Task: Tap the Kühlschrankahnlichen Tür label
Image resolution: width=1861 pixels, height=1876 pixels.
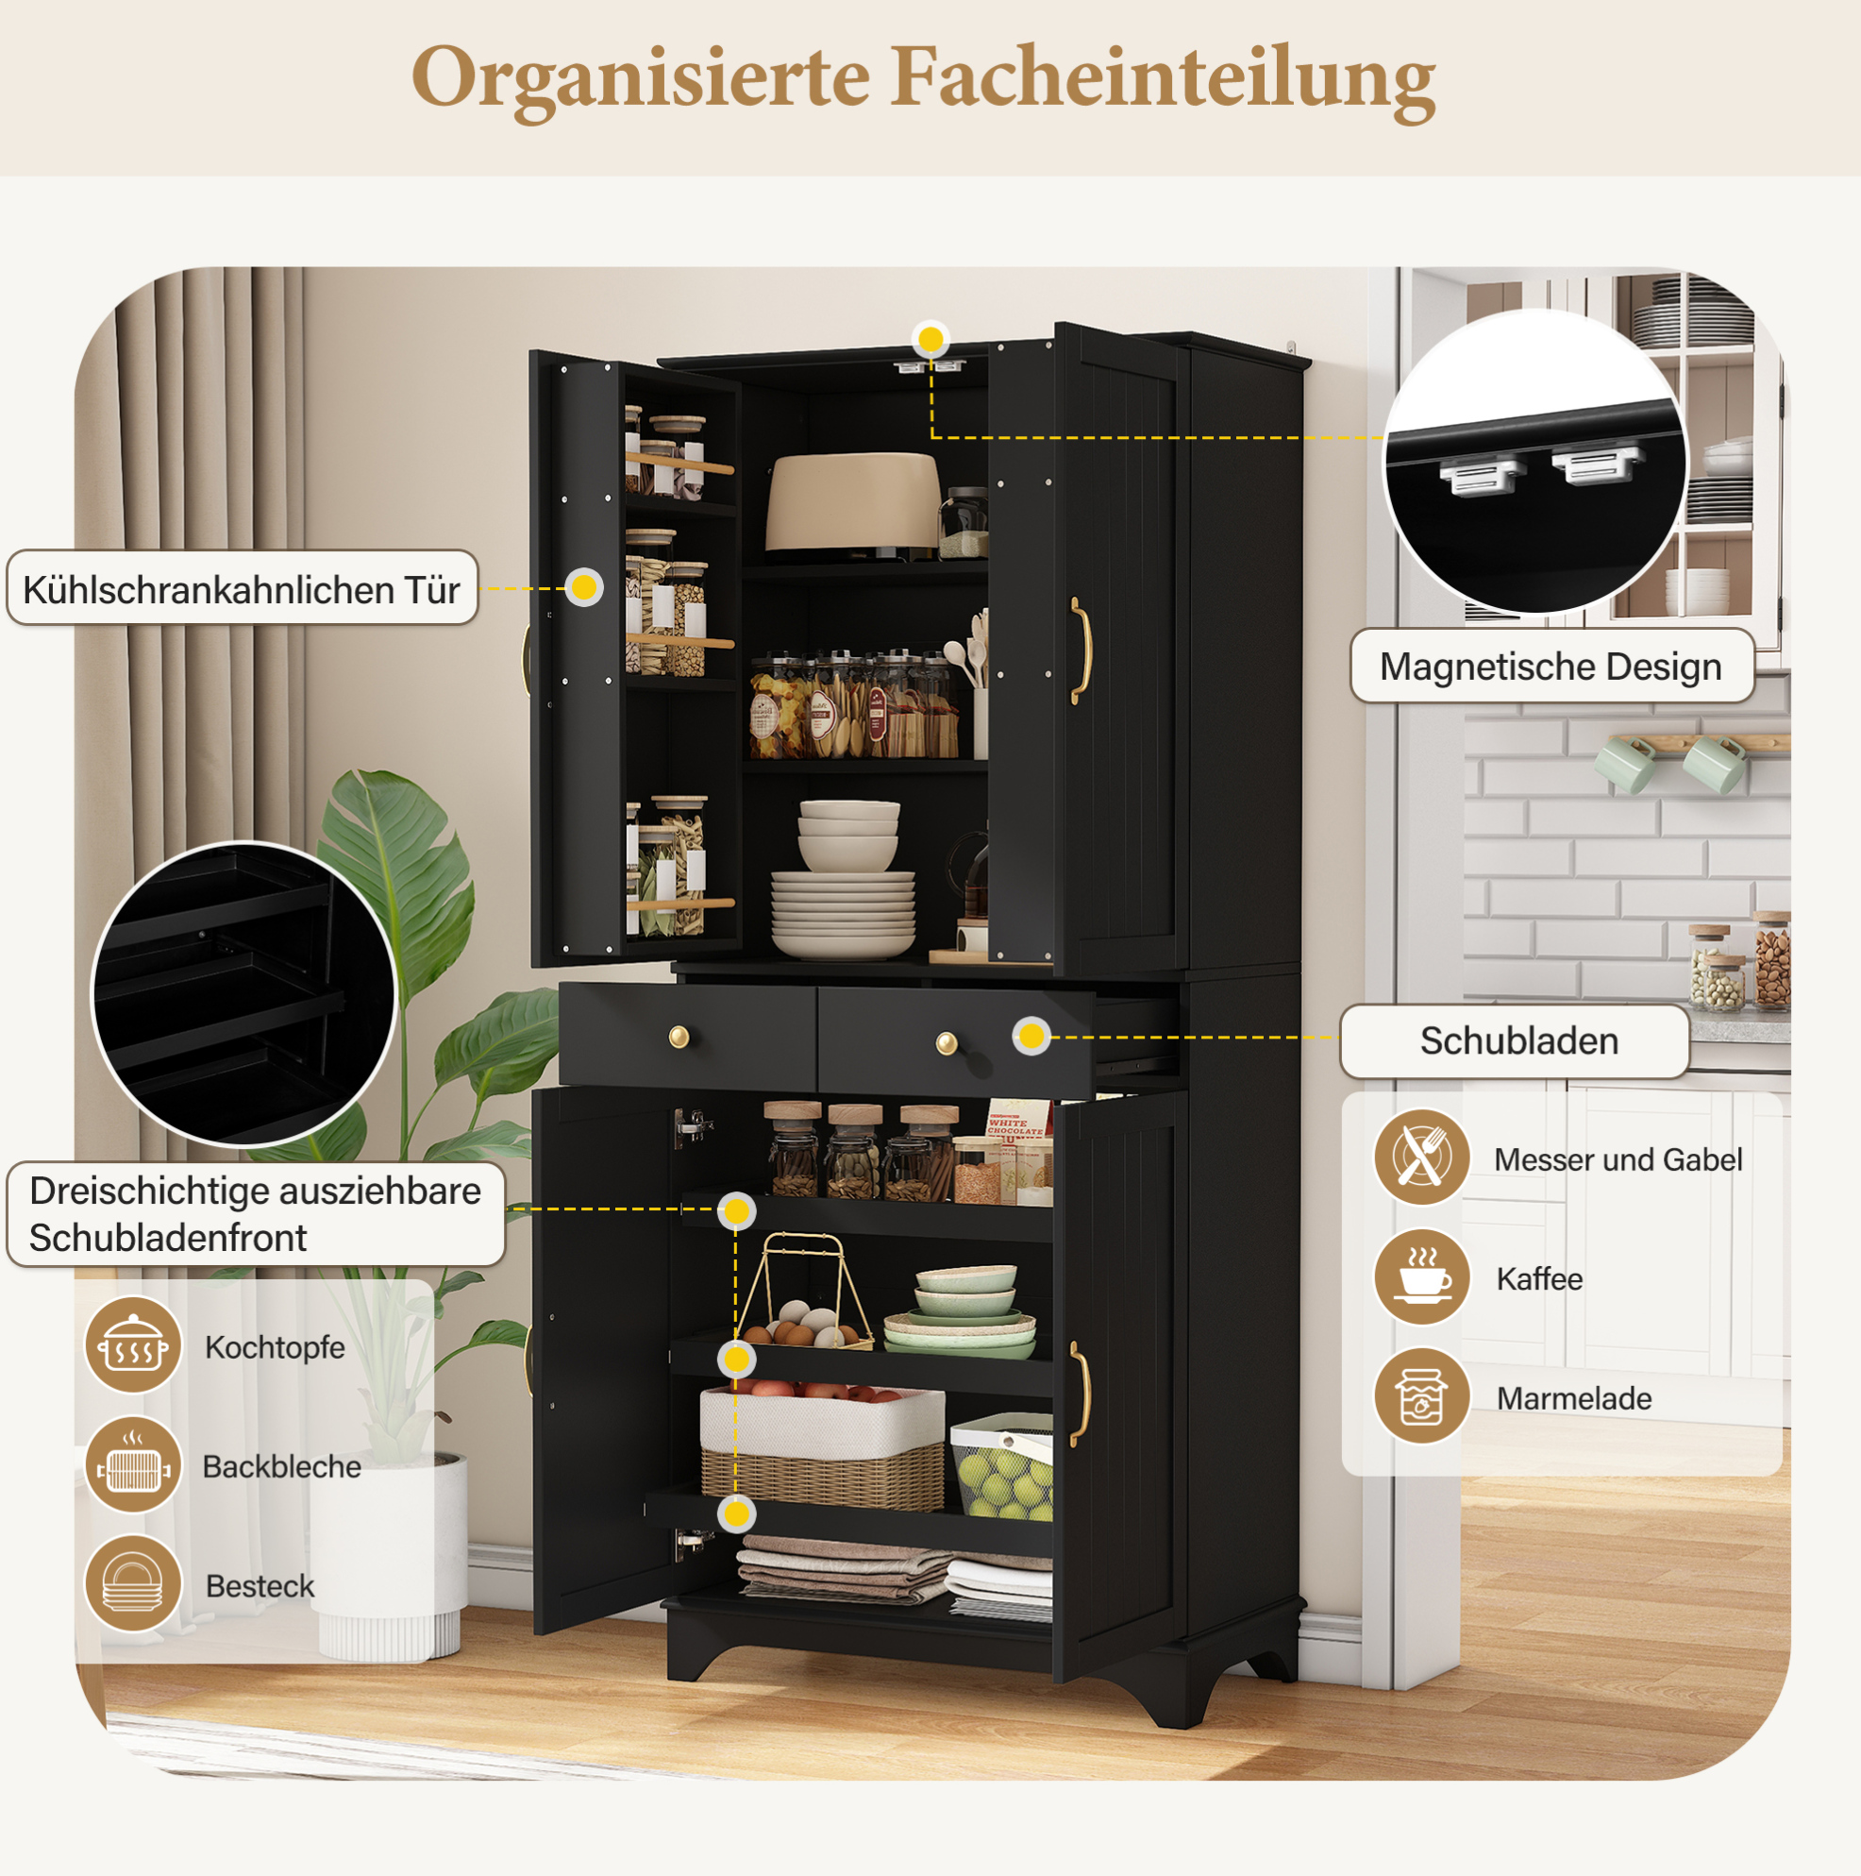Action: pyautogui.click(x=242, y=588)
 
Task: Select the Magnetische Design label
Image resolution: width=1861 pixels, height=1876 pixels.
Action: pyautogui.click(x=1551, y=667)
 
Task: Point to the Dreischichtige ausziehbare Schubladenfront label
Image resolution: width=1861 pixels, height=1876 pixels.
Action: pyautogui.click(x=256, y=1214)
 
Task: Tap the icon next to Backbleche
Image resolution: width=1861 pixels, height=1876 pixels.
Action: pyautogui.click(x=133, y=1466)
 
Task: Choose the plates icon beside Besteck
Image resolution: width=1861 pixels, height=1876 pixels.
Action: pyautogui.click(x=133, y=1584)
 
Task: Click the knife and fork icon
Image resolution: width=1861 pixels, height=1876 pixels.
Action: pyautogui.click(x=1422, y=1158)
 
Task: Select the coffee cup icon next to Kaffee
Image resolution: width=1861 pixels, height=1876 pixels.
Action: pyautogui.click(x=1422, y=1277)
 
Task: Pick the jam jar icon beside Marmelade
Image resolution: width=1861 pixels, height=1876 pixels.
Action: pyautogui.click(x=1422, y=1396)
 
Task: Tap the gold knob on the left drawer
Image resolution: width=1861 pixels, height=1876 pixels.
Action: pyautogui.click(x=679, y=1037)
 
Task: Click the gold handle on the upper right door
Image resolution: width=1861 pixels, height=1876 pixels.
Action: pyautogui.click(x=1081, y=650)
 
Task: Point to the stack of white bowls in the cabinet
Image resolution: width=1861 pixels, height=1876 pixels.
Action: pyautogui.click(x=847, y=834)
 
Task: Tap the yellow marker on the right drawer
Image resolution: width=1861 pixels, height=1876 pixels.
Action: pyautogui.click(x=1031, y=1036)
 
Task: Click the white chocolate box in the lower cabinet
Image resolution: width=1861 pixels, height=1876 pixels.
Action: pyautogui.click(x=1017, y=1152)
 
